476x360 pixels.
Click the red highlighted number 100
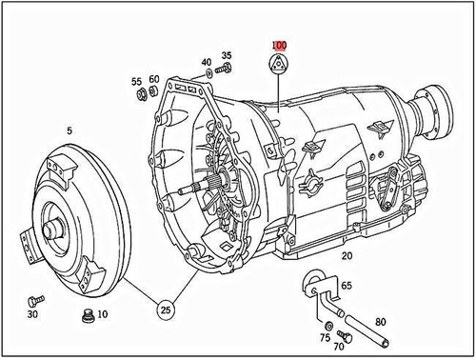[x=279, y=45]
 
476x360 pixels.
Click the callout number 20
[x=347, y=256]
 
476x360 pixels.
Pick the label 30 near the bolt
[x=32, y=314]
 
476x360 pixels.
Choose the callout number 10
[x=102, y=315]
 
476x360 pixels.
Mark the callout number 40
[x=207, y=63]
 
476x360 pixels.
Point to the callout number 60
[x=153, y=80]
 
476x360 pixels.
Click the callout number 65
[x=347, y=285]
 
